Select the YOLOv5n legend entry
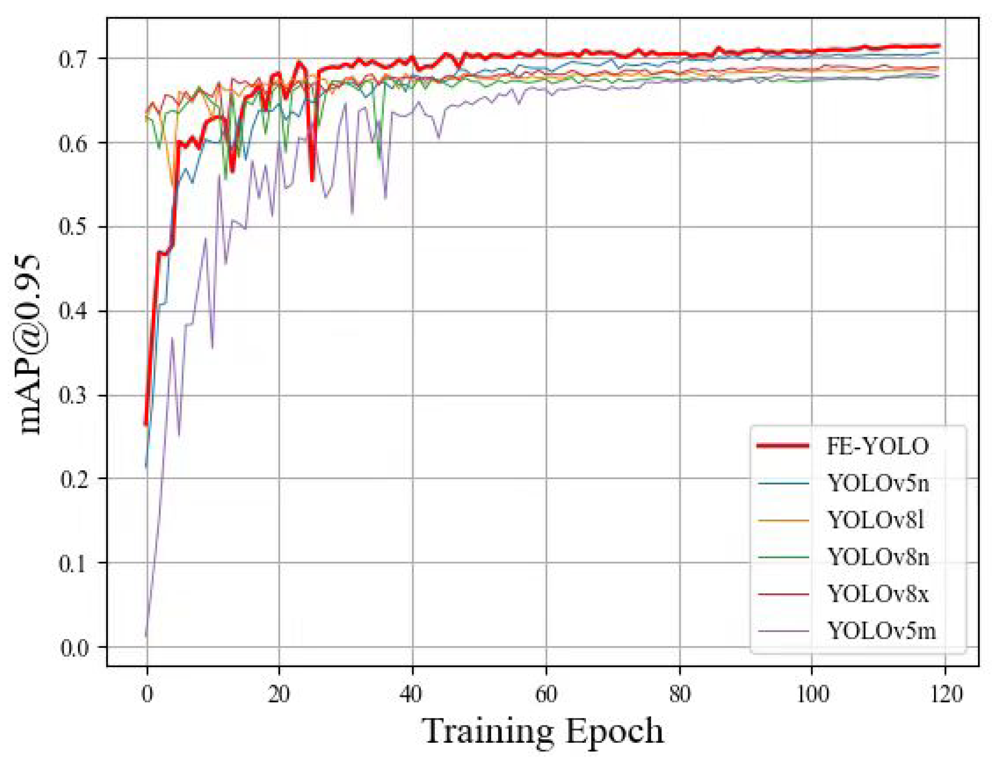click(x=878, y=483)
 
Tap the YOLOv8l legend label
click(x=875, y=520)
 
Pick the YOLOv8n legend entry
click(x=878, y=556)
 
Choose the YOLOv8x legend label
click(x=878, y=593)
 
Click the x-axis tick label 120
click(x=944, y=694)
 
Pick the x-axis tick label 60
click(x=546, y=694)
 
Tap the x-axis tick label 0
click(x=146, y=694)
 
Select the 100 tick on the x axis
click(x=812, y=694)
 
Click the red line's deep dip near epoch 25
click(x=312, y=180)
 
